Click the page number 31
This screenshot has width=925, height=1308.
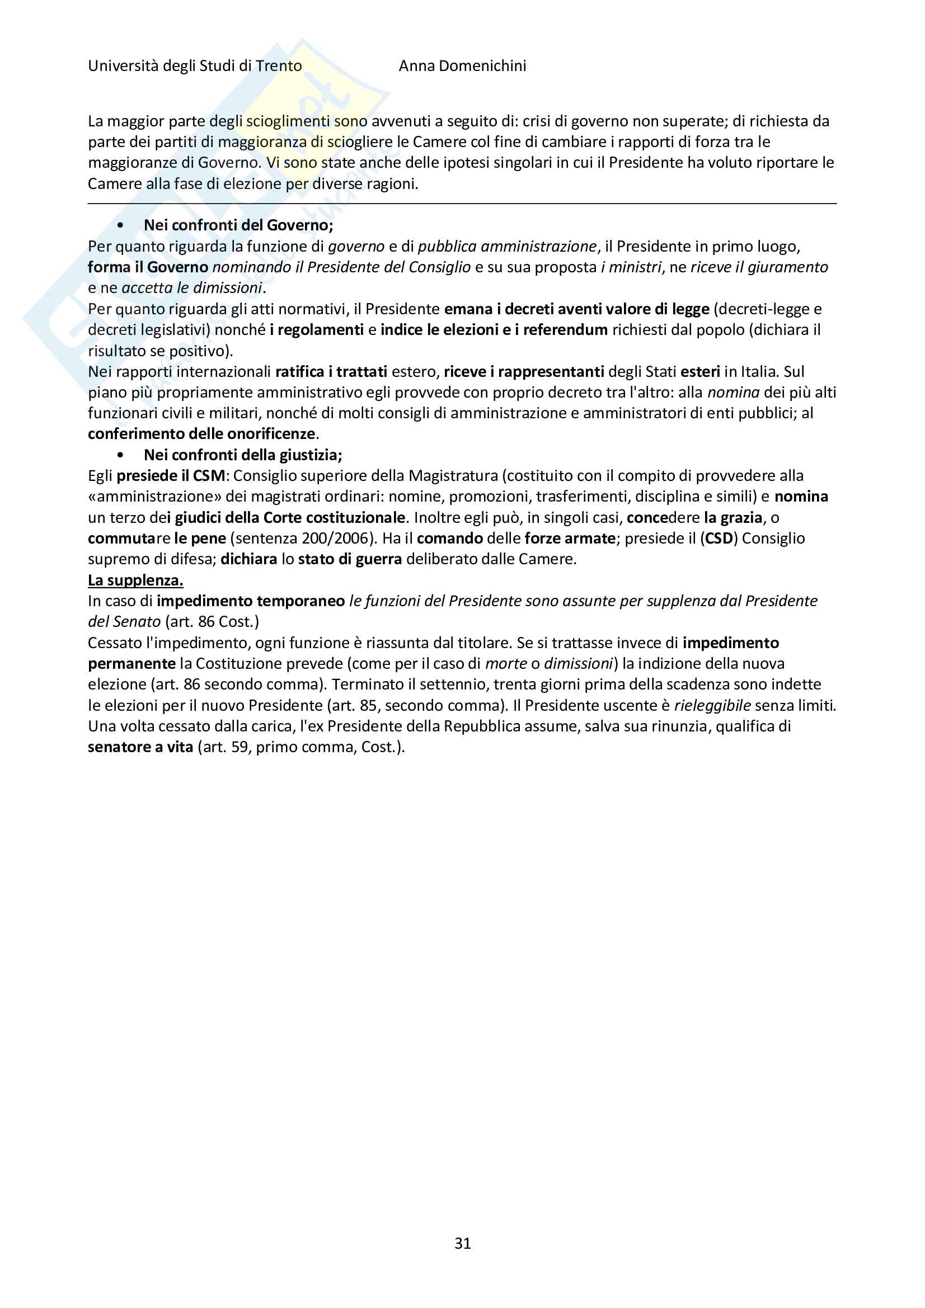(462, 1243)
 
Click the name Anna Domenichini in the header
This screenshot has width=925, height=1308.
(462, 66)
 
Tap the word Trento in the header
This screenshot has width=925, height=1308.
(279, 66)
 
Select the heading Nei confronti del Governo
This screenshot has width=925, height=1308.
(238, 225)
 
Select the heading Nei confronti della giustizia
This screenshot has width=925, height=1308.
(243, 455)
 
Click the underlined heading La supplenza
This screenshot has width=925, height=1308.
(135, 580)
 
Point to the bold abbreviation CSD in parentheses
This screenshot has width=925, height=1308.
(719, 539)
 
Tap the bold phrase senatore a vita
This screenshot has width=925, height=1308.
(140, 747)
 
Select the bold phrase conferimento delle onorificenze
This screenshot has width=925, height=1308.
(201, 434)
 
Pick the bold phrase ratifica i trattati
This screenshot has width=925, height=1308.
(331, 371)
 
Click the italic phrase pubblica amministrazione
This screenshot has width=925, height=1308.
(506, 246)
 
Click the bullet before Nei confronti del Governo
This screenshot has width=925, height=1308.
(120, 225)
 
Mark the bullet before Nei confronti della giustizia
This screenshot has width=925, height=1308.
(120, 455)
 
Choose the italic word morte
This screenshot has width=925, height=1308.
(505, 664)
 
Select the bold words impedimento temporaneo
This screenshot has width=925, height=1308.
(251, 601)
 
